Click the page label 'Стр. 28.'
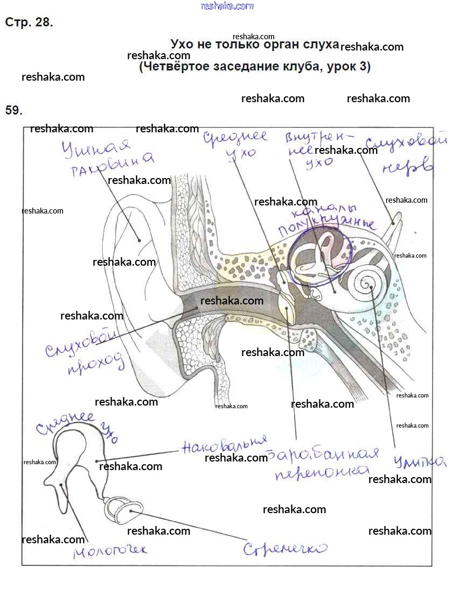(29, 23)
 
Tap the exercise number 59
(13, 110)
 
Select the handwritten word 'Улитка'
(419, 462)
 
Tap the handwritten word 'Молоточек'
(110, 549)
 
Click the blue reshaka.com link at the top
(227, 6)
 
